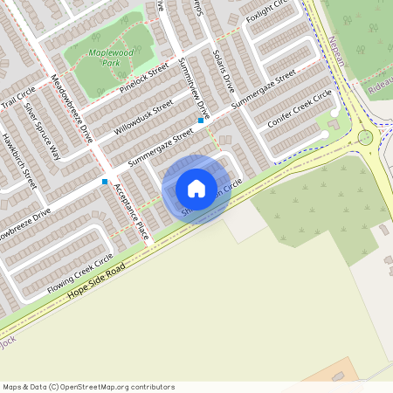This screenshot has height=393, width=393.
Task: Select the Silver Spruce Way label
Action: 43,130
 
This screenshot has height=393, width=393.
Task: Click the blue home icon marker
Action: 196,189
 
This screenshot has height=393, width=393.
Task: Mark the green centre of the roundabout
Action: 365,137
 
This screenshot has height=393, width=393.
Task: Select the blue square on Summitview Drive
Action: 201,121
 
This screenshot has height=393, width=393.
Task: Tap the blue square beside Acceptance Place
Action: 105,182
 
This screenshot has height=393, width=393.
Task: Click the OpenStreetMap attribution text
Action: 88,386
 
